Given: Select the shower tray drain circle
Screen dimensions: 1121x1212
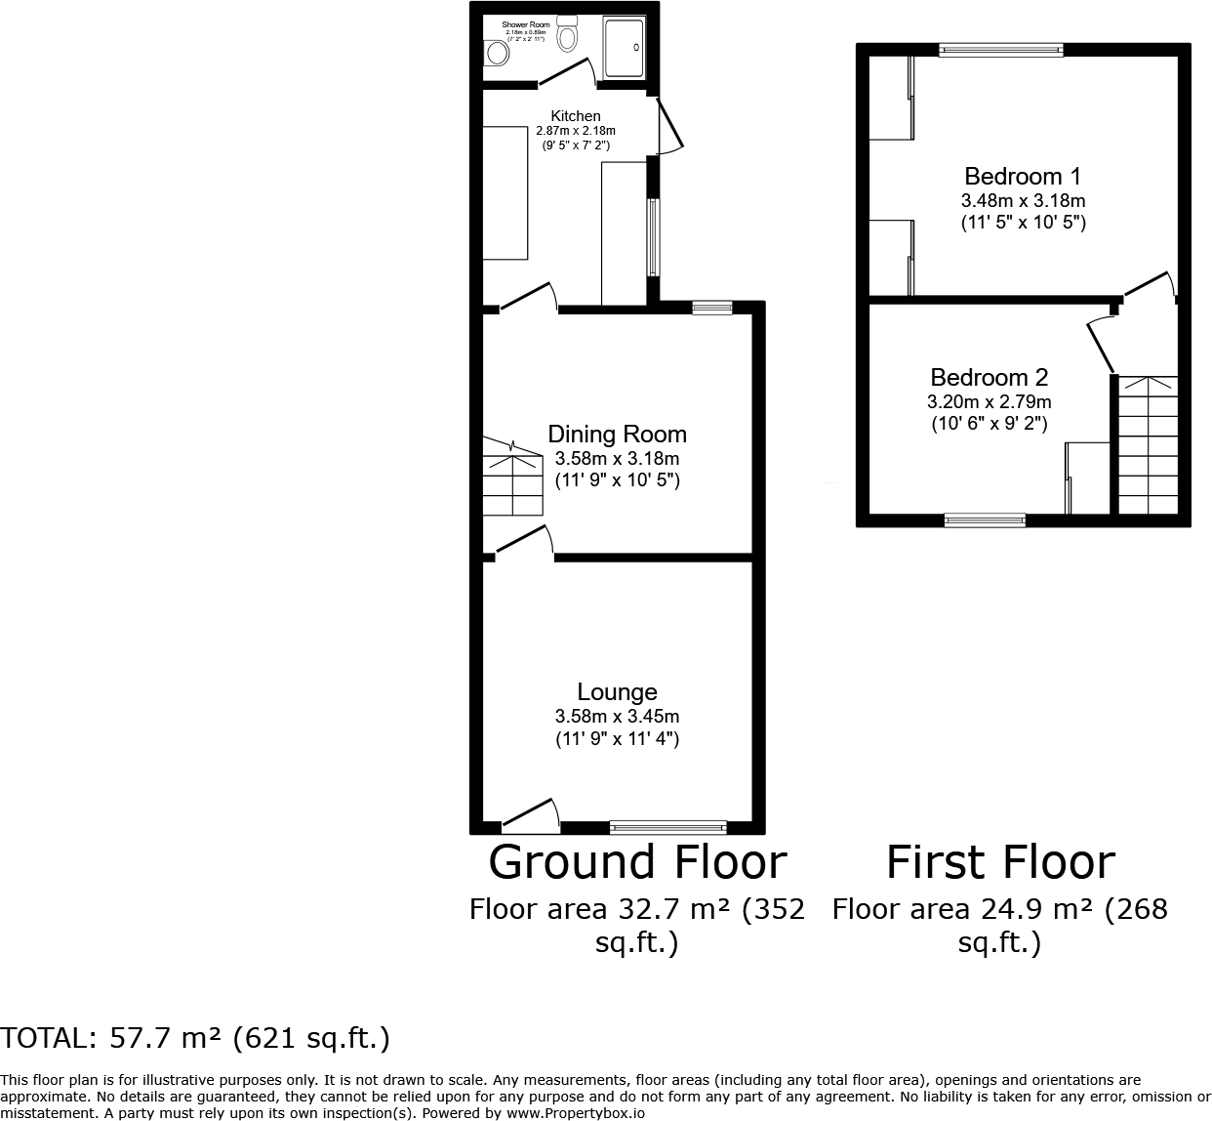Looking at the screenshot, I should (x=638, y=46).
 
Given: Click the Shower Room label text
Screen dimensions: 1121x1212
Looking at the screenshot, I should (x=526, y=24).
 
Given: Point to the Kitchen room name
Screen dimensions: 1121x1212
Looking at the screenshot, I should (x=576, y=116).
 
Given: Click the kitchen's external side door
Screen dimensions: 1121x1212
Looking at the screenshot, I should (x=668, y=127).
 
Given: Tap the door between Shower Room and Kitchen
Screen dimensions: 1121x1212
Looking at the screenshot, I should (x=566, y=73).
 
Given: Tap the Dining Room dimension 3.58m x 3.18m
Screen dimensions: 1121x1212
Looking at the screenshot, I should (x=617, y=459).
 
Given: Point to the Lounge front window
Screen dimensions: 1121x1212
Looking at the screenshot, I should (x=668, y=827).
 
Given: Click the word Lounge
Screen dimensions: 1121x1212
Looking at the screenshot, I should (x=617, y=692).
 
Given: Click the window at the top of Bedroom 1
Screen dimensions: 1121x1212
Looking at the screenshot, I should (x=1000, y=50).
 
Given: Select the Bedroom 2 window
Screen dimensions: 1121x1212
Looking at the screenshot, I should (x=985, y=520).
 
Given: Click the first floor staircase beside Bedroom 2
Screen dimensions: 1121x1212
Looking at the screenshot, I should (x=1148, y=445).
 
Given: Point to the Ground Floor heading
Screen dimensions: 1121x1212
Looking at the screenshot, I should (x=637, y=862).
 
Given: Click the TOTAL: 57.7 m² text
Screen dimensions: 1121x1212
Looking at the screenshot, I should (x=195, y=1038).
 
